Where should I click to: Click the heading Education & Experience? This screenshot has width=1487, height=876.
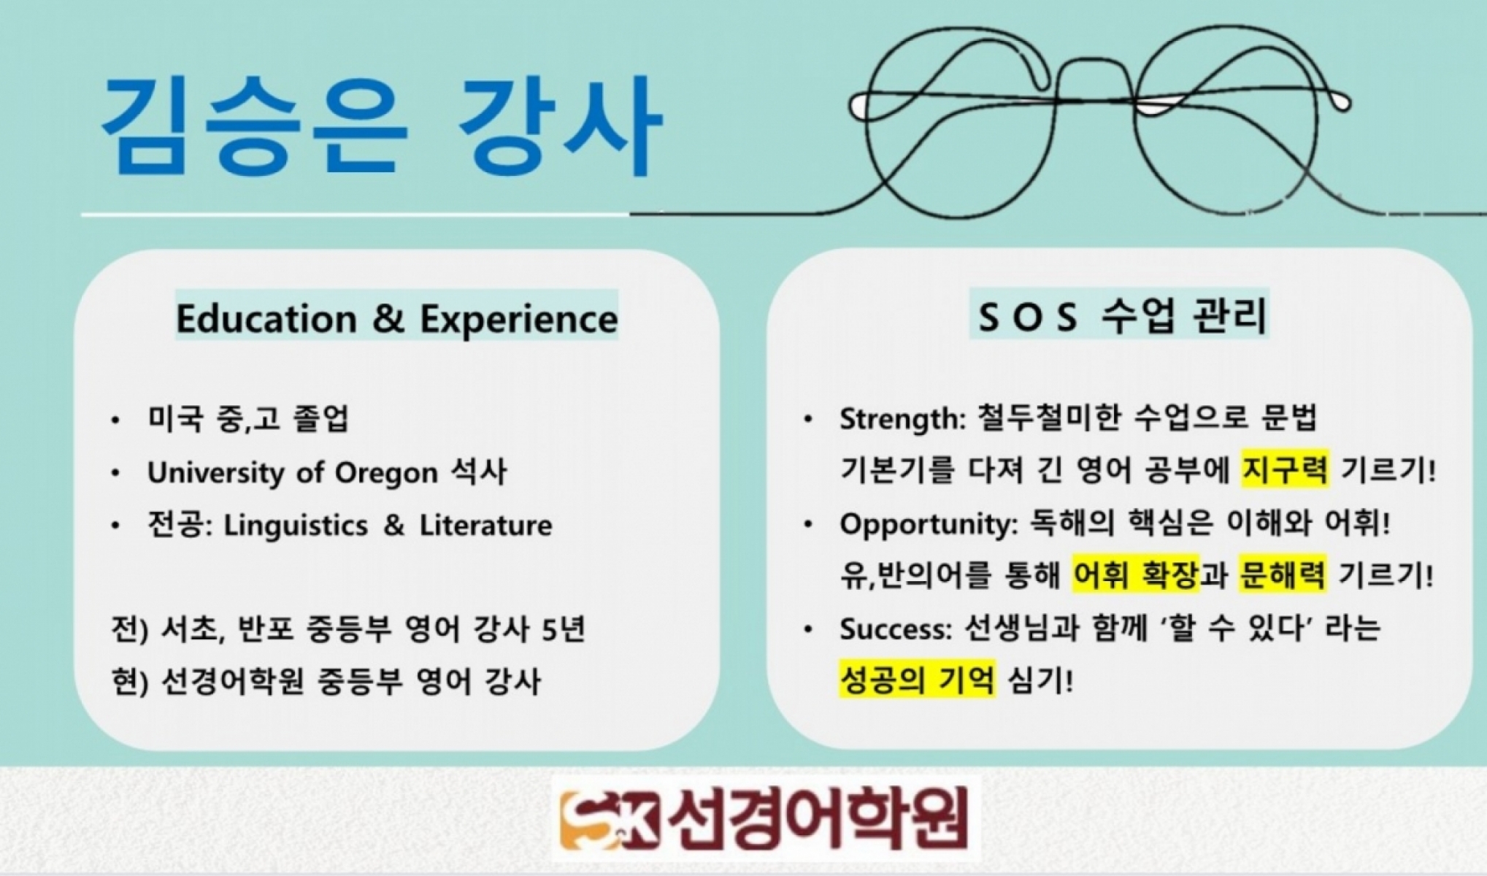(x=397, y=319)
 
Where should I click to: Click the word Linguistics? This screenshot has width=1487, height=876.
(x=295, y=526)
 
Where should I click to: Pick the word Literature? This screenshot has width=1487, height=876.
(x=485, y=526)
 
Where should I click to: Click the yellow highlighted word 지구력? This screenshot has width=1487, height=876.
(x=1285, y=469)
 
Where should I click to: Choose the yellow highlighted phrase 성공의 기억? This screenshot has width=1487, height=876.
(x=917, y=680)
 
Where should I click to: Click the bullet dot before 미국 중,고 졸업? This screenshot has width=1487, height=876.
(x=115, y=420)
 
